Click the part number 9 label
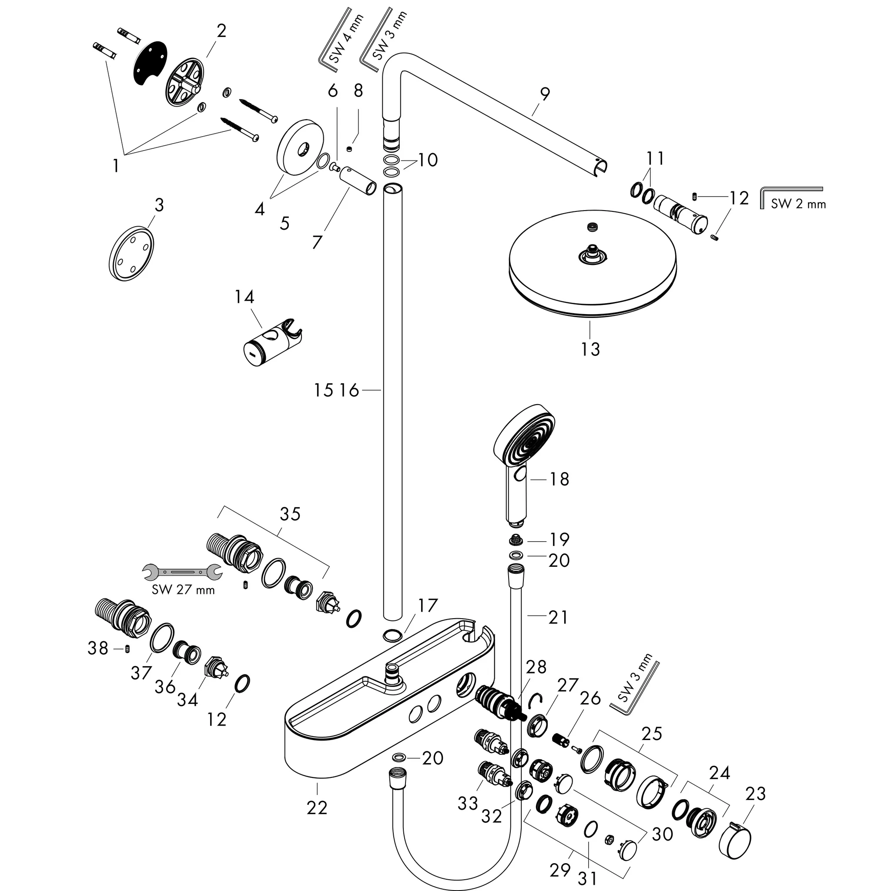tap(545, 94)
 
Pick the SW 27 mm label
tap(183, 590)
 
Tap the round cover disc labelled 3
tap(132, 253)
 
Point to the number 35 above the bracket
tap(290, 514)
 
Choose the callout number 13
tap(590, 349)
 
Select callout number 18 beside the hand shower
tap(559, 479)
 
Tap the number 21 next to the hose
tap(558, 617)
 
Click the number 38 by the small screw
tap(98, 648)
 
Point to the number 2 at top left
tap(221, 31)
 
